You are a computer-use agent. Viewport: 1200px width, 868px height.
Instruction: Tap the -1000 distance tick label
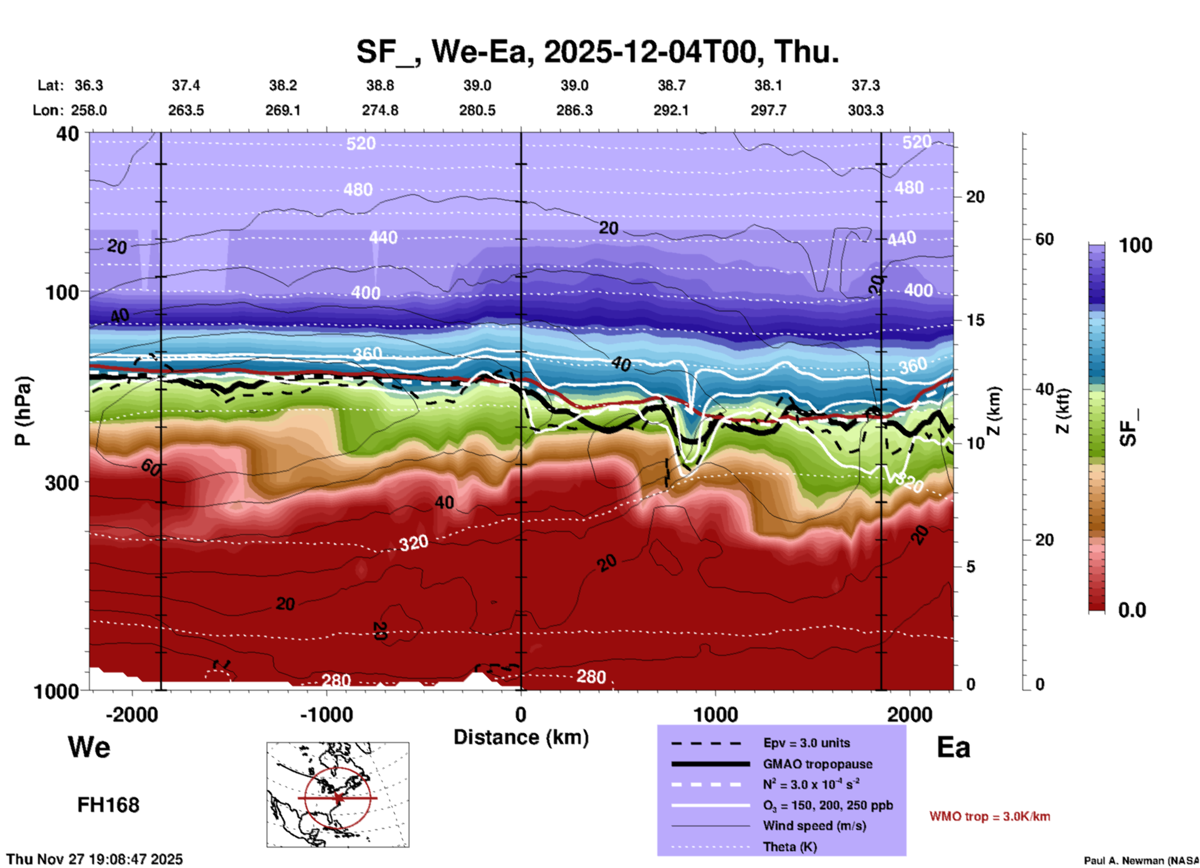click(x=326, y=714)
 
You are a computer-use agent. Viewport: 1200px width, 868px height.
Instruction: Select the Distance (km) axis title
click(x=521, y=737)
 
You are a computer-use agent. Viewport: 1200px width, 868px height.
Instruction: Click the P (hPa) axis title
click(x=22, y=411)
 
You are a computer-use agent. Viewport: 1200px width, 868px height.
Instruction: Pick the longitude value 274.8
click(x=380, y=110)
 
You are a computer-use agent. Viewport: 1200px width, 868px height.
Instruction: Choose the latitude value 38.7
click(x=671, y=85)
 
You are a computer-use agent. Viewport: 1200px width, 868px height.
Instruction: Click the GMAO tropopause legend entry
click(x=817, y=764)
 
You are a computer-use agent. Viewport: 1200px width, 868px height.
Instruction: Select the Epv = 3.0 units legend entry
click(x=806, y=743)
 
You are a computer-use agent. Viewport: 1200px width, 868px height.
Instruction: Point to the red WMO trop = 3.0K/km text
click(x=989, y=816)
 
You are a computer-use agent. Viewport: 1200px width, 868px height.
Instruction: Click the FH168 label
click(x=108, y=805)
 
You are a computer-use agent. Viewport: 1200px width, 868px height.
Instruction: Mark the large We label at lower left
click(x=89, y=747)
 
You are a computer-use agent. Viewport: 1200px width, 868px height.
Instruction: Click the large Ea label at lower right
click(x=953, y=747)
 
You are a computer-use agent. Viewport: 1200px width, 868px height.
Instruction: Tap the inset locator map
click(x=338, y=795)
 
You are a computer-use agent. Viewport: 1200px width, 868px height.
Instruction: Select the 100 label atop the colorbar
click(x=1135, y=245)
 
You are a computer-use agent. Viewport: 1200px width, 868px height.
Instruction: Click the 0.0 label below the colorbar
click(x=1132, y=610)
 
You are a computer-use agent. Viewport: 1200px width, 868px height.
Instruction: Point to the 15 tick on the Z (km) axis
click(x=975, y=320)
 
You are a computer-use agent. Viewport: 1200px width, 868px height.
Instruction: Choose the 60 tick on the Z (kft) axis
click(x=1044, y=239)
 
